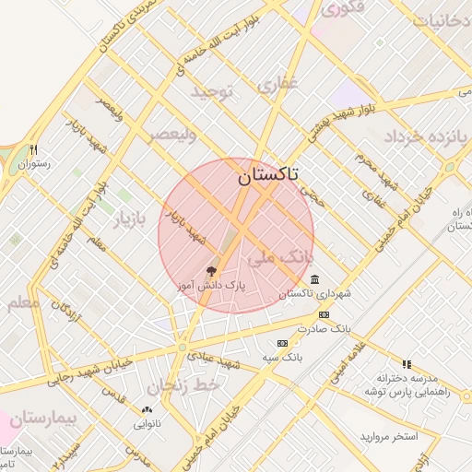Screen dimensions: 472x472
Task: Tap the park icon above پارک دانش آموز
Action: [211, 271]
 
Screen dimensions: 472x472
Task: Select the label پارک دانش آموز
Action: [211, 287]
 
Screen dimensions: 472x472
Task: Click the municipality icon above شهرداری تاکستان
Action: [315, 279]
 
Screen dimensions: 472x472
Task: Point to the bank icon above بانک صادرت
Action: [323, 315]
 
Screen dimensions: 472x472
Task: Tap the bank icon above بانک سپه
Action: [282, 343]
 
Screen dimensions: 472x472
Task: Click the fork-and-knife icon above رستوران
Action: [34, 149]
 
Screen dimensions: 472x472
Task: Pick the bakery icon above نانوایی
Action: [147, 410]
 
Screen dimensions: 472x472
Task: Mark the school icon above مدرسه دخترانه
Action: [407, 364]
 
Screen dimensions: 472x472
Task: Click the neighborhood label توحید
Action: [215, 91]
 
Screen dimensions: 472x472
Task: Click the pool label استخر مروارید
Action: [388, 435]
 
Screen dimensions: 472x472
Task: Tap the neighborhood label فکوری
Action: [343, 8]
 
